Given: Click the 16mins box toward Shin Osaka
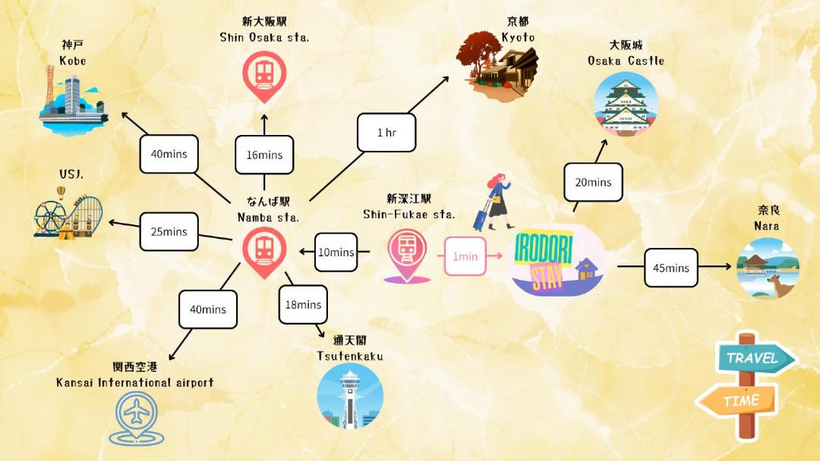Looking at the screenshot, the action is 264,155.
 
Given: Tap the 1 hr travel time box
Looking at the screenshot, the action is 386,133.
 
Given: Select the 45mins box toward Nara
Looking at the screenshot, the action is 671,268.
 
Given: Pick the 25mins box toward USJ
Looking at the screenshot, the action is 169,231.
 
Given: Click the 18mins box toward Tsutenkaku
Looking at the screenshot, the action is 303,304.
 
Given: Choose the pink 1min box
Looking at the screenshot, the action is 465,256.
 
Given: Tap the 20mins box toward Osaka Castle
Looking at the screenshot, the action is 593,182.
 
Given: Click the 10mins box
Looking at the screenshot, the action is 336,252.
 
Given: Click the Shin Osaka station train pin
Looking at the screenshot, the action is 264,77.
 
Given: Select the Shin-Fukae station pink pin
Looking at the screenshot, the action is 407,256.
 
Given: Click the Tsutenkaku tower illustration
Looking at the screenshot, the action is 350,396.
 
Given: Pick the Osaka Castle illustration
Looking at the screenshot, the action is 626,104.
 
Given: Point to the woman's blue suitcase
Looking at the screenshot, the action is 481,217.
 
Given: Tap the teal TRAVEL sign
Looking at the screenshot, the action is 756,358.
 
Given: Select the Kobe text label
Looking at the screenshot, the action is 73,61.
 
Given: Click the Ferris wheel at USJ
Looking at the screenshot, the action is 50,217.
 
